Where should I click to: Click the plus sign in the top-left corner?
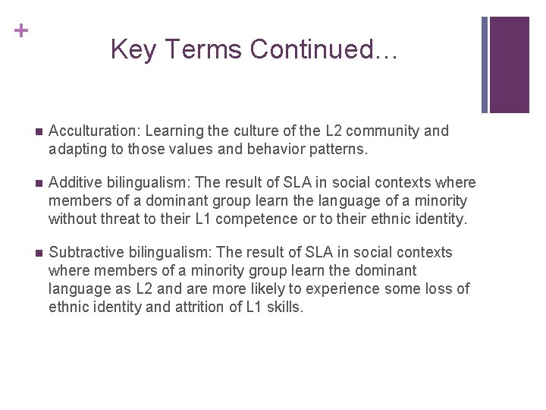tap(22, 31)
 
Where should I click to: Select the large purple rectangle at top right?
tap(509, 65)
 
